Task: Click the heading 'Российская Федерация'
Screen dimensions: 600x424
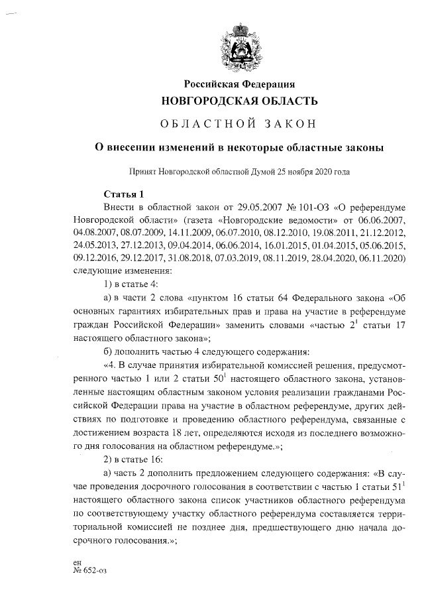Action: [x=239, y=84]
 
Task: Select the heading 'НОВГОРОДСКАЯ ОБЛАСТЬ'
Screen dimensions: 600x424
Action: [x=240, y=101]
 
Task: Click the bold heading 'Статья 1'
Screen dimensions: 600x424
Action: [x=124, y=194]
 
